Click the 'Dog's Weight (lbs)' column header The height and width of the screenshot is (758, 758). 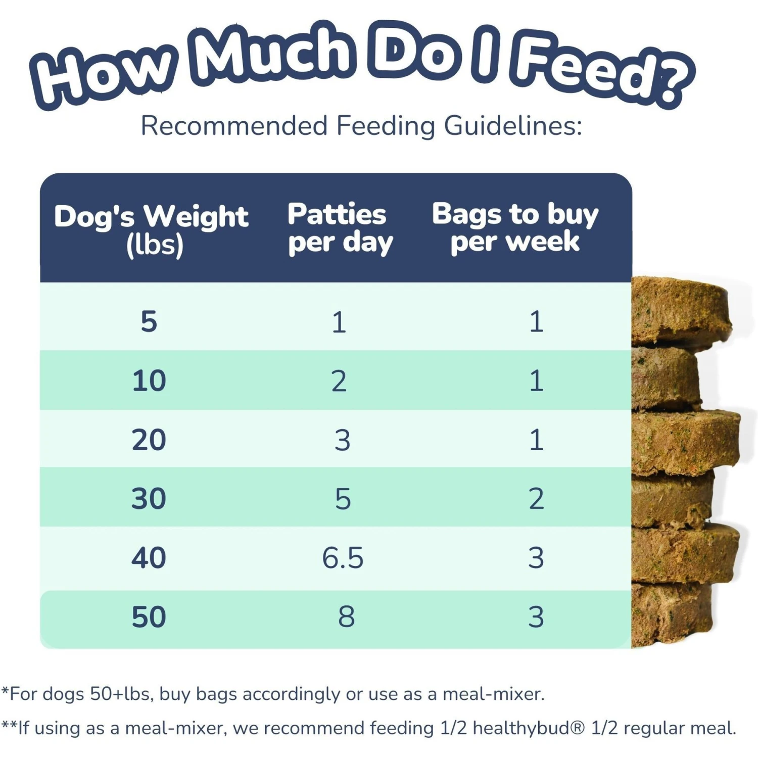(x=151, y=230)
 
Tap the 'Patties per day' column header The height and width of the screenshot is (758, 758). (x=339, y=228)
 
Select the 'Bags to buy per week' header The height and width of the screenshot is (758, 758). (x=515, y=227)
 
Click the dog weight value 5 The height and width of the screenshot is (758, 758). (x=149, y=321)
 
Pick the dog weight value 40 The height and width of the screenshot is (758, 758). (x=149, y=558)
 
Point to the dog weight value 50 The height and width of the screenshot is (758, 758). (x=149, y=617)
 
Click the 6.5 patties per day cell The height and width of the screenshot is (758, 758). (x=343, y=558)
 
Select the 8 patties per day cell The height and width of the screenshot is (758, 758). (x=346, y=617)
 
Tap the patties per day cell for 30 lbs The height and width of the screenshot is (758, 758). (x=343, y=499)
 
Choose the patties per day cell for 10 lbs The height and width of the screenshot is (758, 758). (x=339, y=381)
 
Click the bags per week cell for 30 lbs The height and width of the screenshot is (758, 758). (x=536, y=499)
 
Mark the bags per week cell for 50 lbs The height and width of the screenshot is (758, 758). (x=536, y=617)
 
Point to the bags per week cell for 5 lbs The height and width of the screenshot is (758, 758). (x=536, y=321)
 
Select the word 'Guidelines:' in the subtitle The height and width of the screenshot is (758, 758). (x=513, y=126)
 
